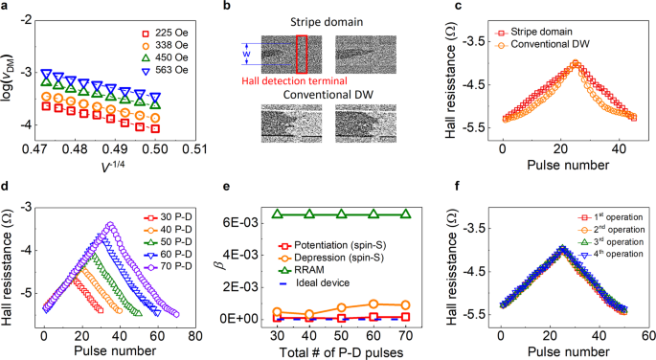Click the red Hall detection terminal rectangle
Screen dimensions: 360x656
[x=303, y=54]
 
